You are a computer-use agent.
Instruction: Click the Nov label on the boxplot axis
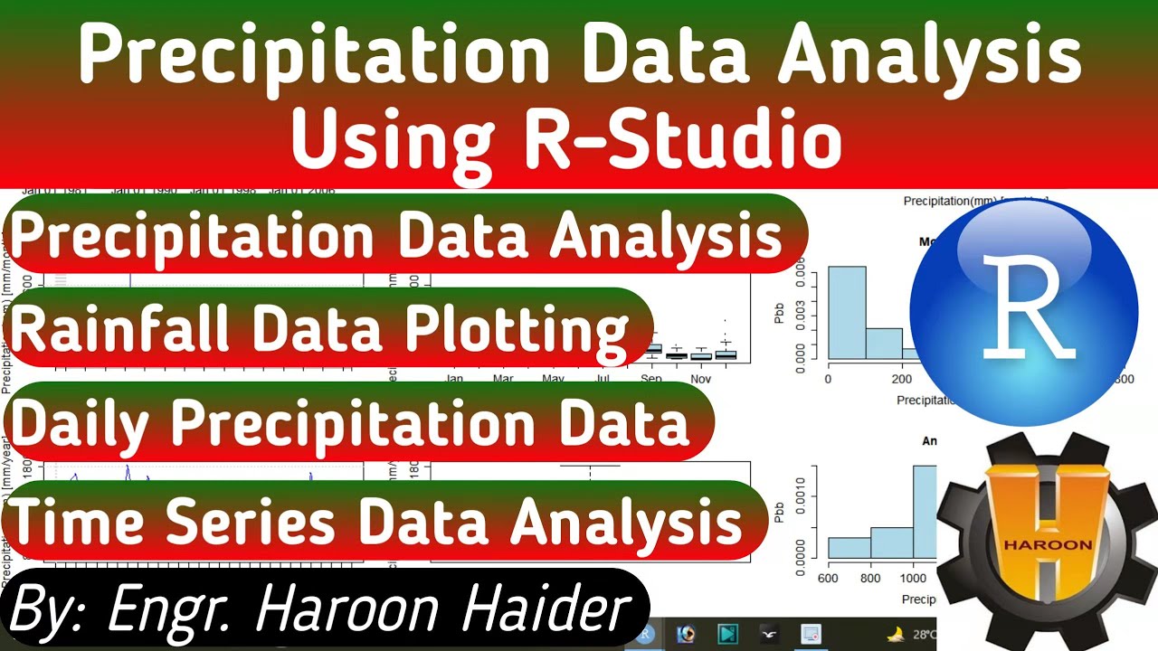click(x=701, y=379)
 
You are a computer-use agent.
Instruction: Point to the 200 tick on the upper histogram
click(x=901, y=379)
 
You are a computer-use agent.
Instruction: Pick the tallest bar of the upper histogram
click(x=847, y=312)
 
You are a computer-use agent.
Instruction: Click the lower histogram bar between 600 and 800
click(x=849, y=547)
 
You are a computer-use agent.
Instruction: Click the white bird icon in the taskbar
click(x=770, y=634)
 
